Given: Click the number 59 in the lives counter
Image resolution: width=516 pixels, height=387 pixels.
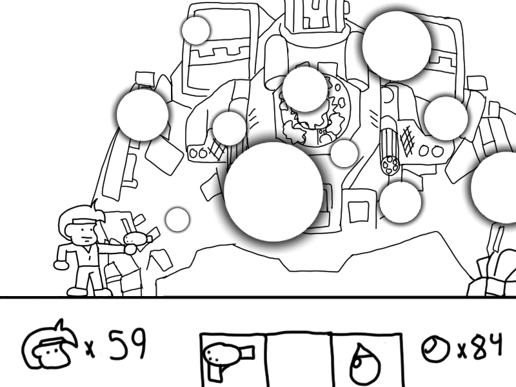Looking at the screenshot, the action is click(x=127, y=344).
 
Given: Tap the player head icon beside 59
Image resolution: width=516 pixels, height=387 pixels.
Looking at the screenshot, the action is click(x=50, y=346).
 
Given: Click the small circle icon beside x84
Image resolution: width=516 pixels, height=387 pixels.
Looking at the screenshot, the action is click(x=435, y=348).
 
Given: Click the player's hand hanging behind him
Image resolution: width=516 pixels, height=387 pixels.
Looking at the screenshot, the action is click(x=61, y=265).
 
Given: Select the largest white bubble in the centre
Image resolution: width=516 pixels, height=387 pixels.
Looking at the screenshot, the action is click(x=273, y=192).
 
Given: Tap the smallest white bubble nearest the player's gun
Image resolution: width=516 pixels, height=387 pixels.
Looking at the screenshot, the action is click(x=177, y=219).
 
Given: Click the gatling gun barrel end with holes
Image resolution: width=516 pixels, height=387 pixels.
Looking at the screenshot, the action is click(x=390, y=165).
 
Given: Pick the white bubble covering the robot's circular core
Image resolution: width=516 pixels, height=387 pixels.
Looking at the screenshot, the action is click(x=305, y=89).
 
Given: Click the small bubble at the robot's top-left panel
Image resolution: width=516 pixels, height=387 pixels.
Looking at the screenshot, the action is click(x=196, y=30).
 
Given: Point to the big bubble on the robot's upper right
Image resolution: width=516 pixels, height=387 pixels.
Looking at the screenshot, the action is click(x=397, y=45).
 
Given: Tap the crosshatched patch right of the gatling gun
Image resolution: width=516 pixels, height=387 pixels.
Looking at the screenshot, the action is click(x=408, y=140).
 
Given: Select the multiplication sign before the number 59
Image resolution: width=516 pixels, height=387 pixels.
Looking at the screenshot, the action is click(x=90, y=349).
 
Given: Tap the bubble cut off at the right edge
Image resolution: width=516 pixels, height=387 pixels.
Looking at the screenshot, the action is click(x=493, y=187).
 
